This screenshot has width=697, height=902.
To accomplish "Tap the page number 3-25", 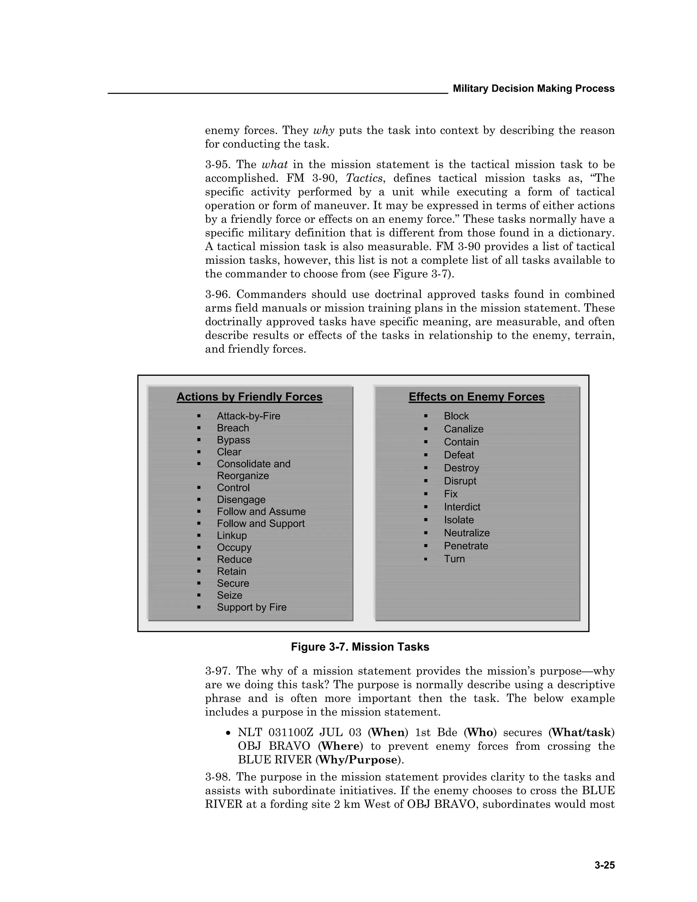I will click(604, 865).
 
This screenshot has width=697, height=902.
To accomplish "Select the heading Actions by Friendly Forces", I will click(249, 397).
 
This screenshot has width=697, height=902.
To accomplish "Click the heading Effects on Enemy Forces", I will click(476, 397).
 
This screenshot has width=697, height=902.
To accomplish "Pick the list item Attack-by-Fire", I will click(248, 416).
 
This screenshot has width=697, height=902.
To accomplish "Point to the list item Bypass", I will click(233, 440).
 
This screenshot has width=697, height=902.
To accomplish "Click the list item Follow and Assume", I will click(261, 511).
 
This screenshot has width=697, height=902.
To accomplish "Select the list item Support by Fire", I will click(252, 607).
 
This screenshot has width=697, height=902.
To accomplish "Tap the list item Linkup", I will click(232, 535).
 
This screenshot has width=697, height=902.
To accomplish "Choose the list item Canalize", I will click(463, 429).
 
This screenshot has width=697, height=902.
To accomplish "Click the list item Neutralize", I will click(467, 533).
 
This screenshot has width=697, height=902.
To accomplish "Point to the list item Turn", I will click(454, 559).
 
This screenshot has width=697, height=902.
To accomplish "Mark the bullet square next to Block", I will click(426, 416).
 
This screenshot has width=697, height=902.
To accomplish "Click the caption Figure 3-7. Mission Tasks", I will click(360, 647).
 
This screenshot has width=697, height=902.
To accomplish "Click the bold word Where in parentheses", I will click(340, 746).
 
